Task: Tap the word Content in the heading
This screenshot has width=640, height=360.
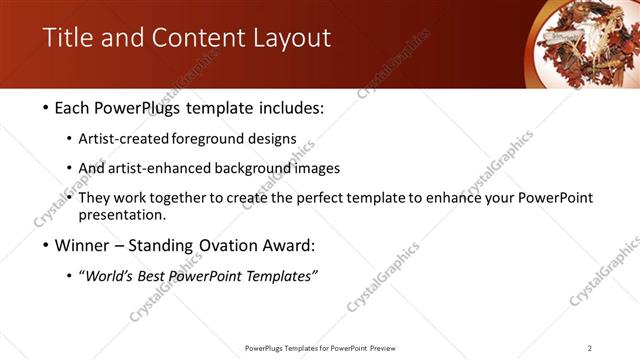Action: [x=194, y=39]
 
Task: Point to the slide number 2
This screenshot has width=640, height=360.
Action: [x=590, y=347]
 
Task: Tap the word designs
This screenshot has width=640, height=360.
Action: [x=272, y=139]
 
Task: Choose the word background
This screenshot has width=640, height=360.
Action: [x=258, y=169]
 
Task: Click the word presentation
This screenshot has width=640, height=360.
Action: [x=123, y=215]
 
